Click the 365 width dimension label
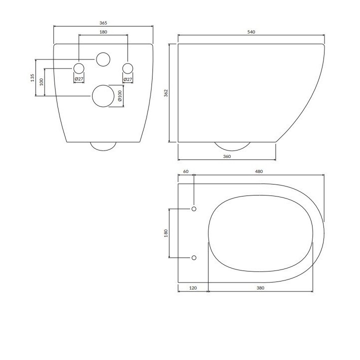tap(103, 23)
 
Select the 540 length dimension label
tap(251, 32)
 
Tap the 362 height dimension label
tap(166, 93)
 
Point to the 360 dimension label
tap(227, 156)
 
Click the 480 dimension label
tap(259, 171)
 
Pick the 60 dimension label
tap(186, 171)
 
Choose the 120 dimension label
tap(193, 288)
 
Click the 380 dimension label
tap(260, 288)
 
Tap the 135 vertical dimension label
tap(32, 77)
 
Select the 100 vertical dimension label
tap(41, 82)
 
